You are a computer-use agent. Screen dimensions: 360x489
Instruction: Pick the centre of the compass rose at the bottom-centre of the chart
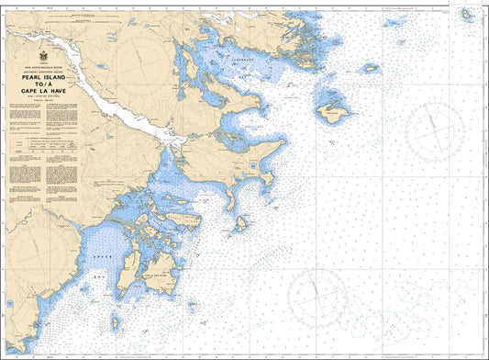(x=317, y=297)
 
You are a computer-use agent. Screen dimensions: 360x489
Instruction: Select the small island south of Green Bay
(x=117, y=323)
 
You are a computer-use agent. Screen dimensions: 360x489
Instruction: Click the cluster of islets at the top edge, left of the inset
(x=396, y=22)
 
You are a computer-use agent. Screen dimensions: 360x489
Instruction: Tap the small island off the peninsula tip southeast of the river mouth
(x=239, y=223)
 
